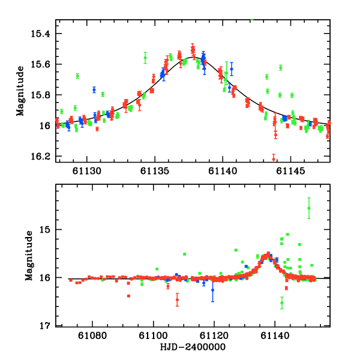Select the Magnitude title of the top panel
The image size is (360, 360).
pyautogui.click(x=22, y=91)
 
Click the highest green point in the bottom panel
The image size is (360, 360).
pyautogui.click(x=309, y=208)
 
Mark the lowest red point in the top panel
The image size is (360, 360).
pyautogui.click(x=274, y=159)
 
